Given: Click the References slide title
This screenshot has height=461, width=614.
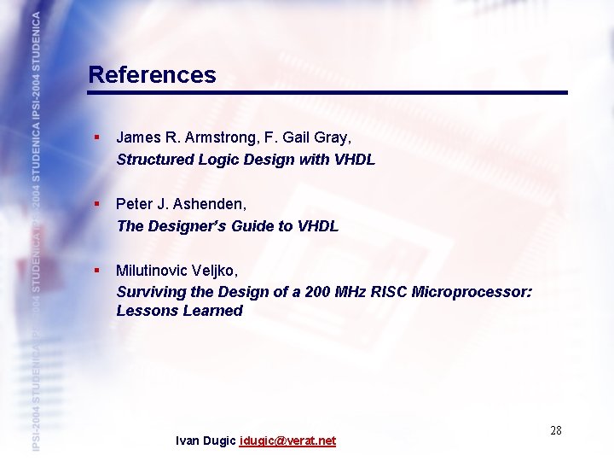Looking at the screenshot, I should [152, 75].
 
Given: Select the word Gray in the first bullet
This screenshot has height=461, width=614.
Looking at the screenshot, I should [331, 137].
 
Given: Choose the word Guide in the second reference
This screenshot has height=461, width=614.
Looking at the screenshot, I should [251, 226].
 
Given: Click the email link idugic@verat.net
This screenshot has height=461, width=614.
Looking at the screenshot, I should [288, 441].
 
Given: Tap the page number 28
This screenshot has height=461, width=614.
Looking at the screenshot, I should [555, 430].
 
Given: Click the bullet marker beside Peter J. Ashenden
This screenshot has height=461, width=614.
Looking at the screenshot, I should [97, 204].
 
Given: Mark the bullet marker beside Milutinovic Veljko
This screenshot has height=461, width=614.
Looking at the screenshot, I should [97, 270].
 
